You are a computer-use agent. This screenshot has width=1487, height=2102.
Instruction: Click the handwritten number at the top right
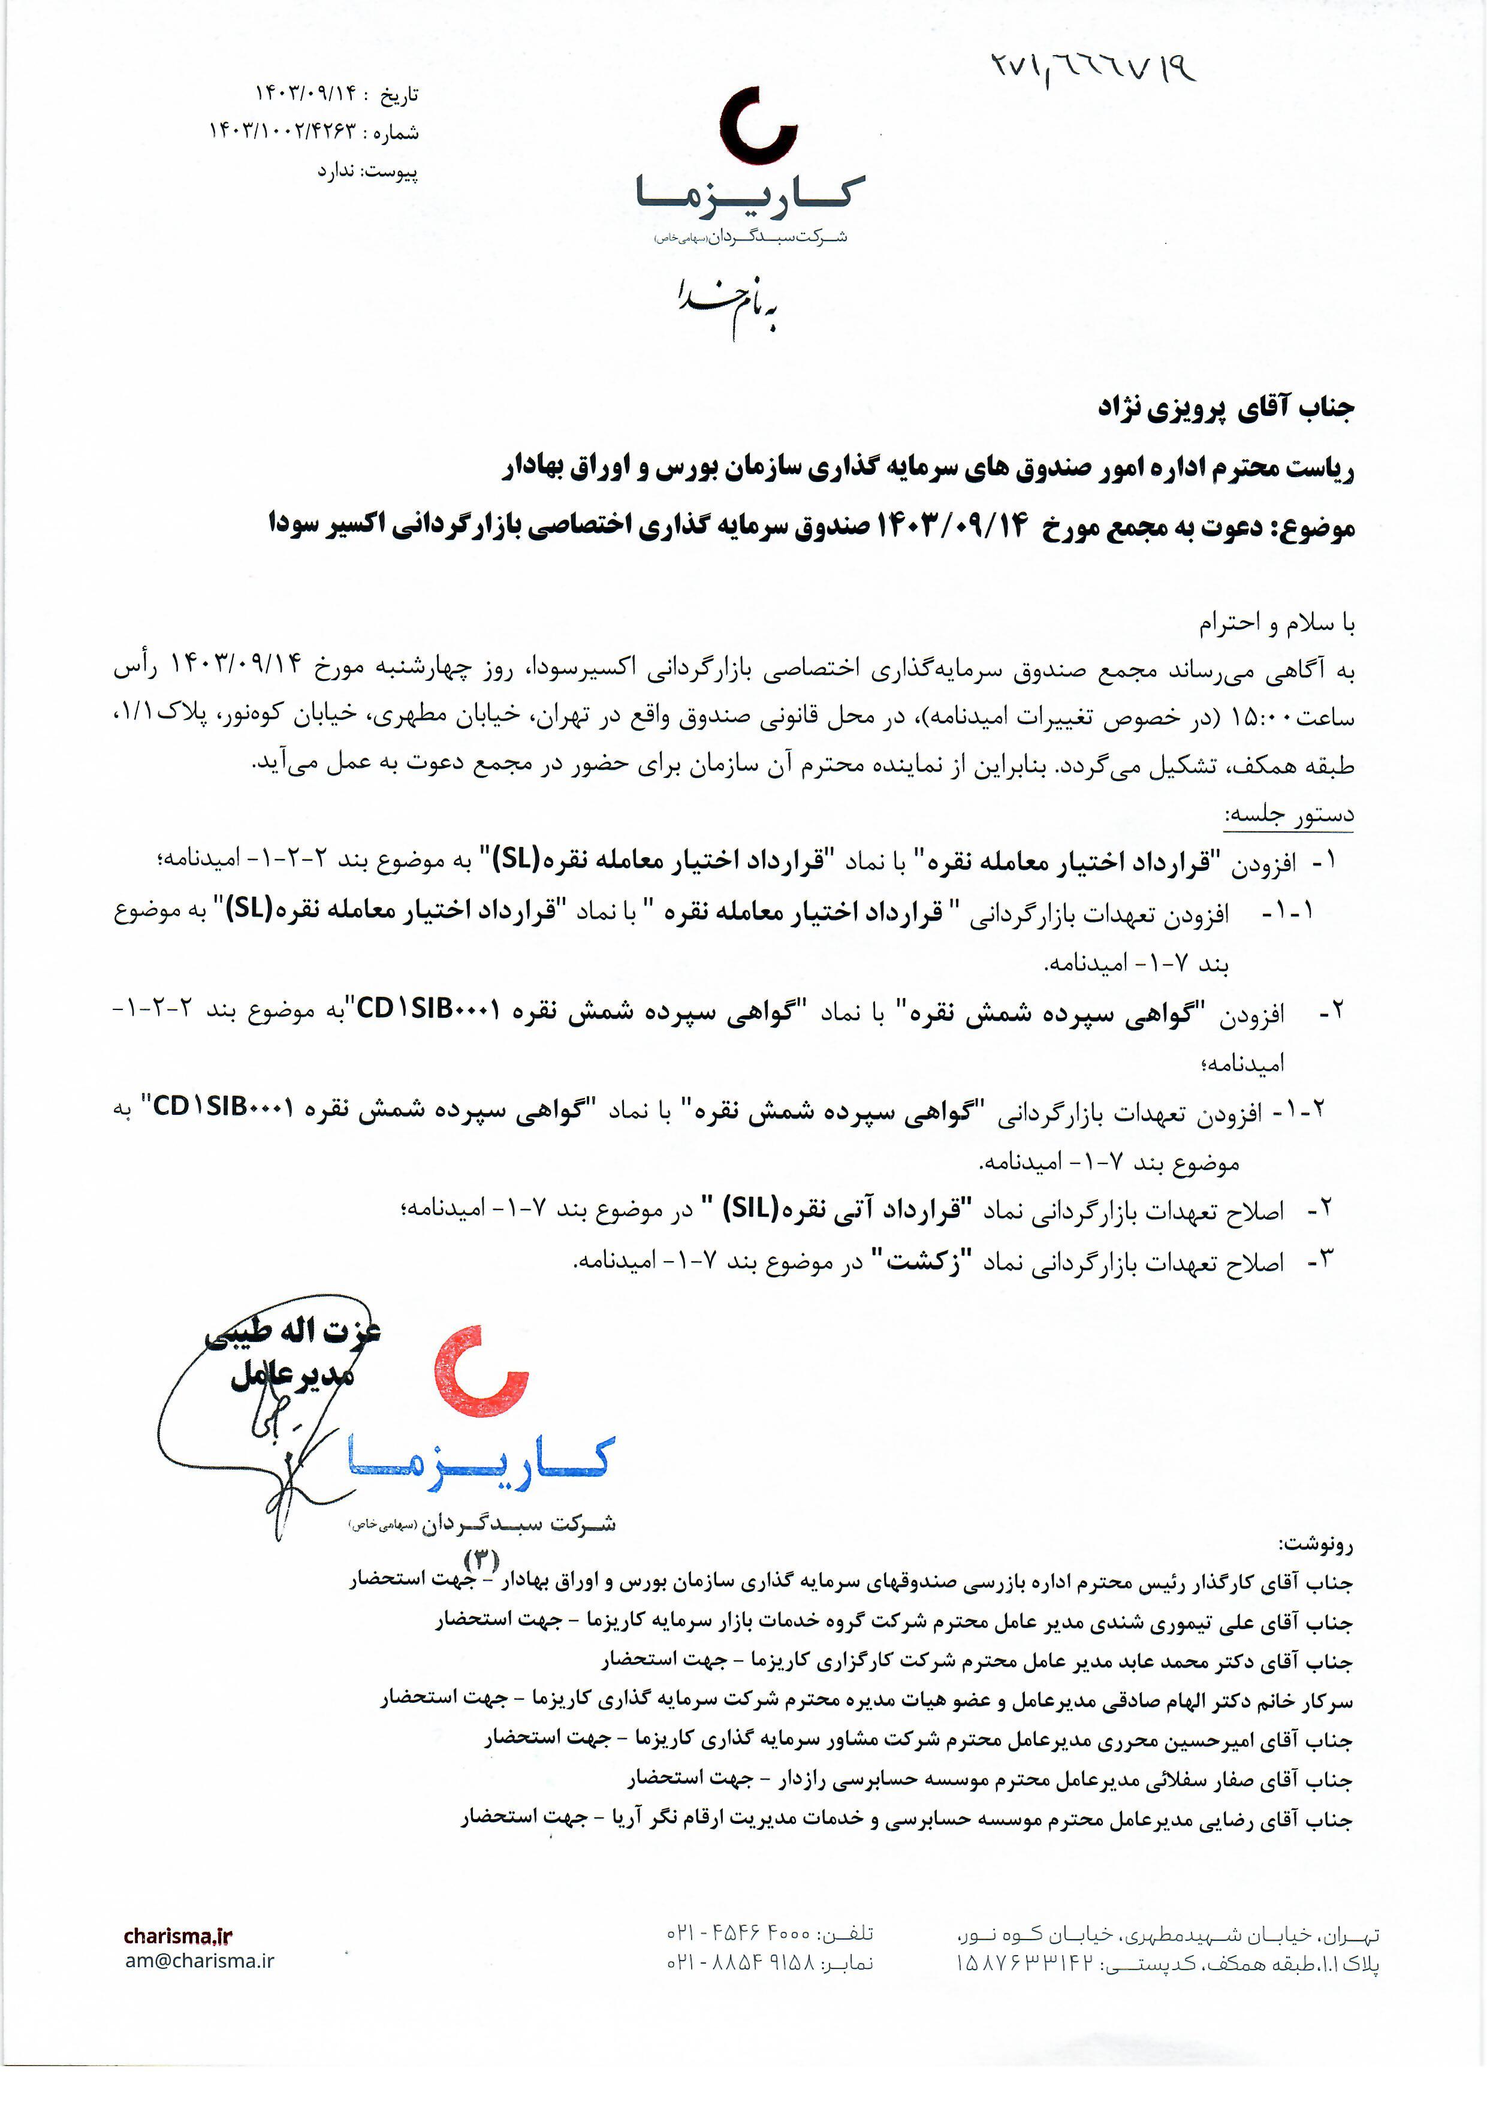[x=1094, y=65]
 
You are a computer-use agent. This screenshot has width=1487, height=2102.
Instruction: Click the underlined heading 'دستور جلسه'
[x=1289, y=814]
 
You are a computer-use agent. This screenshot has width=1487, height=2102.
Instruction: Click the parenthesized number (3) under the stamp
[x=482, y=1558]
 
